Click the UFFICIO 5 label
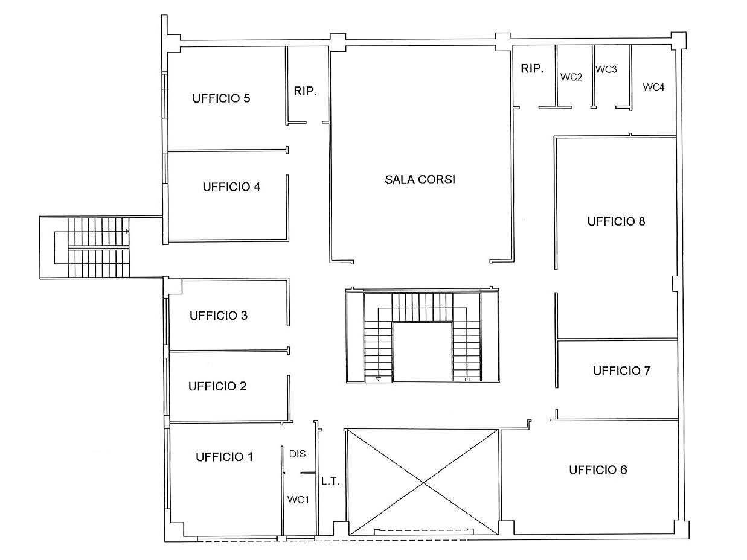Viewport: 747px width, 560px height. click(221, 98)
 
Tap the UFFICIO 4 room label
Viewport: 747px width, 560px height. click(231, 187)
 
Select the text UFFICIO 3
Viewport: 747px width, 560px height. click(219, 316)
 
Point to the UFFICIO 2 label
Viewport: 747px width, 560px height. click(217, 386)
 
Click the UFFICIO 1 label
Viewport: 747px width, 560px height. click(224, 457)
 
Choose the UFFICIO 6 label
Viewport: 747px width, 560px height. click(598, 470)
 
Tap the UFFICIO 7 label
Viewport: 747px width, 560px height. click(622, 371)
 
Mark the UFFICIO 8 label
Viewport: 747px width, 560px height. click(617, 221)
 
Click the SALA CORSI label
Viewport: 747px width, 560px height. click(420, 180)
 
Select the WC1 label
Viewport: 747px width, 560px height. click(298, 500)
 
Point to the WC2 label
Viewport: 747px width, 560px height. click(571, 77)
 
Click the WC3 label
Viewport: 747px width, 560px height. click(606, 69)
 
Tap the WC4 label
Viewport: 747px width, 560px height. click(653, 87)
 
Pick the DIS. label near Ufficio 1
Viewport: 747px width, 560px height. click(298, 454)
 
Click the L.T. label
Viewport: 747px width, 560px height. click(330, 482)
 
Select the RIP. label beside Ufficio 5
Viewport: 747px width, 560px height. click(306, 91)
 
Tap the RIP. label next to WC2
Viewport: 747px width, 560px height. click(532, 69)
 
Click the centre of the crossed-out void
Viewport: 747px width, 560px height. click(423, 483)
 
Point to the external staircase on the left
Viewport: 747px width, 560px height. click(98, 247)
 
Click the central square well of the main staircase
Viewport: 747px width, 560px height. click(422, 352)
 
